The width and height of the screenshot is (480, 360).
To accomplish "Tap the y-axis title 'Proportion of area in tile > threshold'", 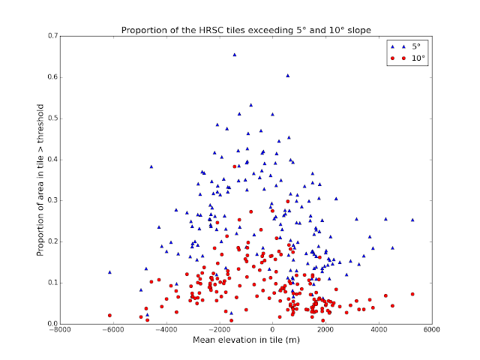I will [x=41, y=180].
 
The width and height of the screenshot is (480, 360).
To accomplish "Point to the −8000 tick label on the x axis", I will [x=60, y=331].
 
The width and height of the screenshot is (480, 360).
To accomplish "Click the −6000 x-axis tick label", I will [x=113, y=331].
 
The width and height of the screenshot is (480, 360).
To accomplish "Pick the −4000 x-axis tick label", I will [x=166, y=331].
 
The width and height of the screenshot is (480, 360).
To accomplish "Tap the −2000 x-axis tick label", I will [x=219, y=331].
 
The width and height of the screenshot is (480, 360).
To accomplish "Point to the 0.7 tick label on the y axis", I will [x=52, y=36].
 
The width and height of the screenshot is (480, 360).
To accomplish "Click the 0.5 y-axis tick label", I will [x=52, y=118].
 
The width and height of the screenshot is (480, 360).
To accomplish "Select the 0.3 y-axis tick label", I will [x=52, y=200].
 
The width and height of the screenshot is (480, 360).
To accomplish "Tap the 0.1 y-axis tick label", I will [x=52, y=283].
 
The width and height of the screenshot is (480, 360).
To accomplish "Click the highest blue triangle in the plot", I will [x=235, y=54].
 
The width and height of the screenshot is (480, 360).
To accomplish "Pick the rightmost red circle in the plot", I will [x=412, y=294].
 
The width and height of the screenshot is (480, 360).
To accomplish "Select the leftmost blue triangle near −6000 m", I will [x=109, y=272].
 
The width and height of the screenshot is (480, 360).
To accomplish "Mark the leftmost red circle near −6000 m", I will [x=109, y=316].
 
